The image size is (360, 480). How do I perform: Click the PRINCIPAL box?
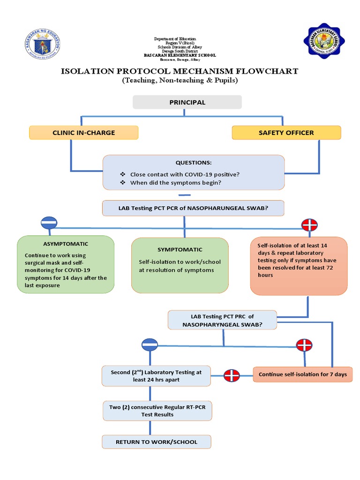pyautogui.click(x=187, y=102)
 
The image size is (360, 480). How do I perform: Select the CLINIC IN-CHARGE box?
pyautogui.click(x=83, y=133)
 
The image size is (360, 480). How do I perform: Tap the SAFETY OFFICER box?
pyautogui.click(x=286, y=133)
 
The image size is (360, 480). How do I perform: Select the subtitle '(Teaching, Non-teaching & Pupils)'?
pyautogui.click(x=180, y=81)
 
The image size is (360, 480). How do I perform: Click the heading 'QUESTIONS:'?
pyautogui.click(x=193, y=163)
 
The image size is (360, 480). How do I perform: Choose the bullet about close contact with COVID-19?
pyautogui.click(x=185, y=174)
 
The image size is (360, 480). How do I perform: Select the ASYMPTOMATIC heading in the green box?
pyautogui.click(x=65, y=244)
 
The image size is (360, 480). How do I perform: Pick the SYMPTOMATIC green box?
pyautogui.click(x=180, y=264)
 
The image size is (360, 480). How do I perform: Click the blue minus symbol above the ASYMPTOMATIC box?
pyautogui.click(x=49, y=223)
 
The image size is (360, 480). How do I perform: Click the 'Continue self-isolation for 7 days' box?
pyautogui.click(x=302, y=374)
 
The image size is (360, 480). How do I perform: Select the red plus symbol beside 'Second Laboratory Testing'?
pyautogui.click(x=232, y=375)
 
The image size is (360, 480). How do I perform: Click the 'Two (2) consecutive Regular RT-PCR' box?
pyautogui.click(x=157, y=411)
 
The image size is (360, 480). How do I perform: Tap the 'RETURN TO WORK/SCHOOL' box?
pyautogui.click(x=157, y=442)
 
